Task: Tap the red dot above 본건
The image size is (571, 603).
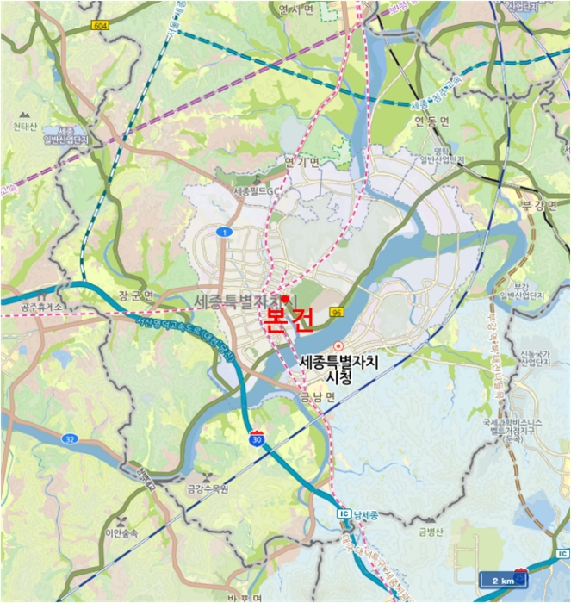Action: click(285, 298)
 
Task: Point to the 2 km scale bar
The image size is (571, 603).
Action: click(500, 579)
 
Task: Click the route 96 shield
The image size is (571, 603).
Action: click(336, 312)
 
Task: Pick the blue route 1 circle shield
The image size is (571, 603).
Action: click(224, 233)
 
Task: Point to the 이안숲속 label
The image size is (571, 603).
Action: click(122, 532)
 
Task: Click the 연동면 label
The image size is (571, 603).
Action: click(432, 121)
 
